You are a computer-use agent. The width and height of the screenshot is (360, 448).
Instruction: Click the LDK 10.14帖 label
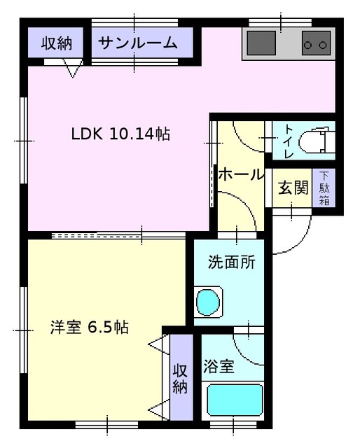120,134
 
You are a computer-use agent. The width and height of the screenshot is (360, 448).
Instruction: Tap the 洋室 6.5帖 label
90,327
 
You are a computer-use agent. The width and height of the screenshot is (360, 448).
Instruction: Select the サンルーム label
138,43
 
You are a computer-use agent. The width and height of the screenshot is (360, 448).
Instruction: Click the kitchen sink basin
261,43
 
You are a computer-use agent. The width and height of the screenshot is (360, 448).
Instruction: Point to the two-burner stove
316,43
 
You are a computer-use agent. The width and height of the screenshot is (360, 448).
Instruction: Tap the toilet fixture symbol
317,141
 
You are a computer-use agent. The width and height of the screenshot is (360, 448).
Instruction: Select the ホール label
240,174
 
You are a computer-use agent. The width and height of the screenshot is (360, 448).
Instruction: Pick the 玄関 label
293,188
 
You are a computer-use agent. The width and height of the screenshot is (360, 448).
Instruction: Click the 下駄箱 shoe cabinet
324,188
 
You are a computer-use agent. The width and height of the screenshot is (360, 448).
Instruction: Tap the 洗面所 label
231,262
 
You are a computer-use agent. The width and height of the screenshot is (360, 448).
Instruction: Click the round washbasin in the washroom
208,302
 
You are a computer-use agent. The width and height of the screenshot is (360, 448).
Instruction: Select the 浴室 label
219,366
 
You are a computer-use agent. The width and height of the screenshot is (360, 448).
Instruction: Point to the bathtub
235,400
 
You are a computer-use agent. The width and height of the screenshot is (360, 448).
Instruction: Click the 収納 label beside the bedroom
180,379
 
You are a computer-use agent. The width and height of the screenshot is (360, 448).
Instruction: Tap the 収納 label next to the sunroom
56,43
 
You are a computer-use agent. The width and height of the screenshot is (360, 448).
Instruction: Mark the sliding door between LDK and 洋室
118,235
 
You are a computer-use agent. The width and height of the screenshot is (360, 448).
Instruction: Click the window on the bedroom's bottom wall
107,425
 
